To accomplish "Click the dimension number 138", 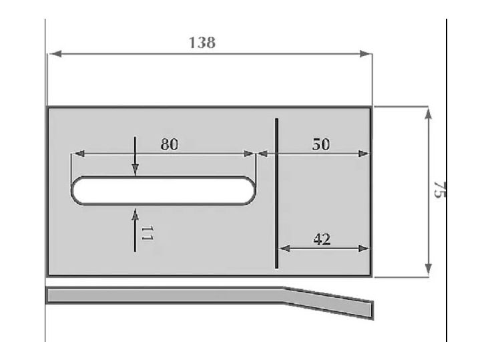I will point(202,43).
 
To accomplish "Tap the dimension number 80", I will point(170,144).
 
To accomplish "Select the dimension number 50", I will point(321,144).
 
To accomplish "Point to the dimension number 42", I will point(322,238).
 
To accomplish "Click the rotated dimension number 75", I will point(439,189).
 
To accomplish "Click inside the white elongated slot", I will point(164,190).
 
